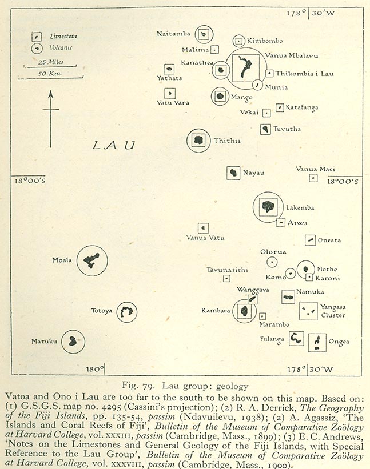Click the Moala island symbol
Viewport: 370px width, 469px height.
(x=91, y=261)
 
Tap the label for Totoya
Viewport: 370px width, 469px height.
(x=102, y=311)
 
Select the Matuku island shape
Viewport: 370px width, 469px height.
(x=73, y=342)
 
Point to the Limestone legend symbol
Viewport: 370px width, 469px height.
(x=36, y=37)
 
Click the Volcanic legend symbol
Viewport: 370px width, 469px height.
(x=36, y=48)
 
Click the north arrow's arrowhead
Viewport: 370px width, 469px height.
(x=50, y=94)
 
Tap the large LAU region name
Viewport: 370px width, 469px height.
(x=114, y=145)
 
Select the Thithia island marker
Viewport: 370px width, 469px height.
(x=198, y=141)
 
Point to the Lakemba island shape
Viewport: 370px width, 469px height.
(x=268, y=206)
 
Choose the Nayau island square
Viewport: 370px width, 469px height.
(x=233, y=173)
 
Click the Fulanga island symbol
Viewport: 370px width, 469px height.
(x=296, y=339)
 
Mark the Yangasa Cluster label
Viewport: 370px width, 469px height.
(x=333, y=311)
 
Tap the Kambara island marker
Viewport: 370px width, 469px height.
(x=244, y=311)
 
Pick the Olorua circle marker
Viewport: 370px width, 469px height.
(x=272, y=262)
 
